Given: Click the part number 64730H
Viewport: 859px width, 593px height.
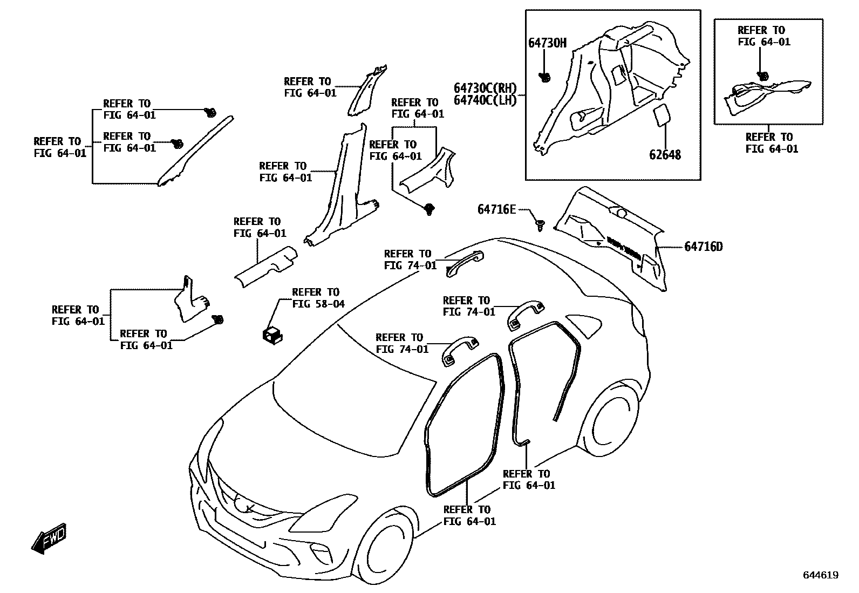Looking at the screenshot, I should [547, 43].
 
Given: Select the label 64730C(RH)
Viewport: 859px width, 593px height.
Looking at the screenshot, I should [485, 88].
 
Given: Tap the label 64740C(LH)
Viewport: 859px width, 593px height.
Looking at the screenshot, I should [485, 100].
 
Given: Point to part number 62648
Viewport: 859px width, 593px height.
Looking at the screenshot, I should [665, 155].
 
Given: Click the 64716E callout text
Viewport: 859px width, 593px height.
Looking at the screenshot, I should [496, 209].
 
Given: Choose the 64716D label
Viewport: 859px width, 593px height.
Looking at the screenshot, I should [704, 247].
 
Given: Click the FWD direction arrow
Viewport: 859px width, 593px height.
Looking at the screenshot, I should [49, 537].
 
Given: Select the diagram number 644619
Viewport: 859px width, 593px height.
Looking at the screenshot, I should [821, 575].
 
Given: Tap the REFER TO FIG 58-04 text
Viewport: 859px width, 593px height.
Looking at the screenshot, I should [318, 298].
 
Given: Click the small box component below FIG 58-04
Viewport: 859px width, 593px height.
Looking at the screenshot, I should [272, 335].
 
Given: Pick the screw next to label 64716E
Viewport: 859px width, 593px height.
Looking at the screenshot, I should [540, 226].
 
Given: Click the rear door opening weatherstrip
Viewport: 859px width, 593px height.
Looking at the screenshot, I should [545, 372].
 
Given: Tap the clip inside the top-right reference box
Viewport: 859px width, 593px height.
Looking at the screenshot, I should [762, 76].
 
